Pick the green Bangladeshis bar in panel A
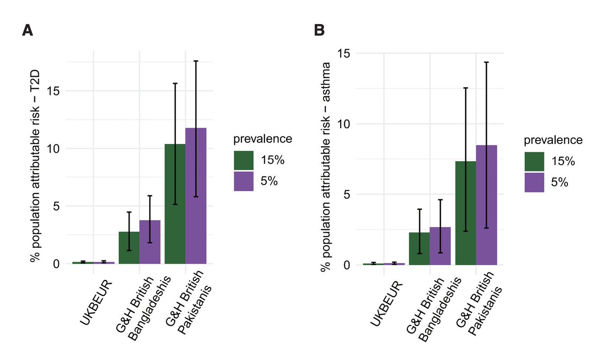[x=129, y=248]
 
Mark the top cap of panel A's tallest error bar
[x=196, y=61]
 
